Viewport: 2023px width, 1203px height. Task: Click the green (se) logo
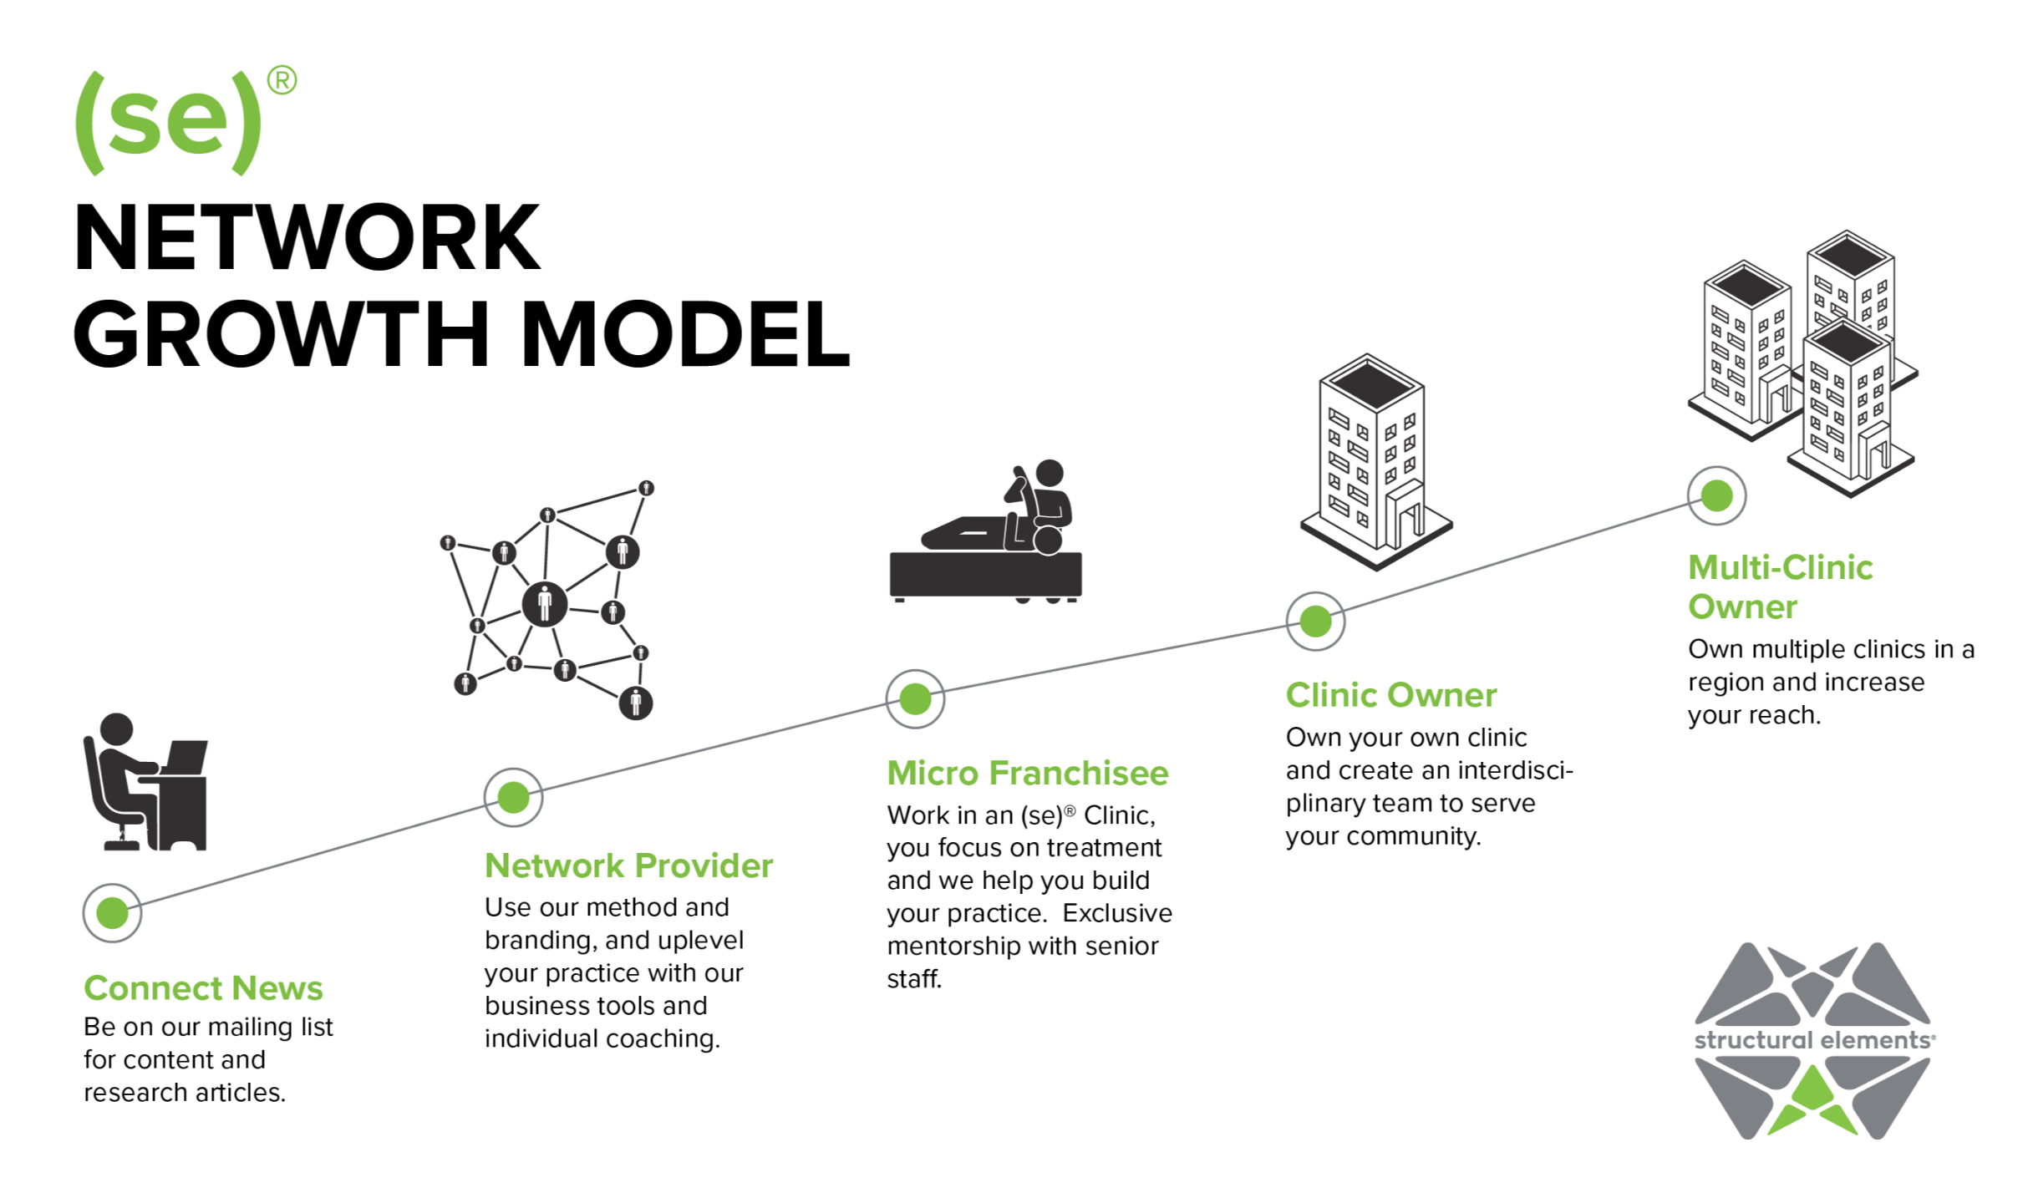pyautogui.click(x=167, y=122)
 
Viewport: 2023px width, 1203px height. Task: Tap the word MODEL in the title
pyautogui.click(x=685, y=334)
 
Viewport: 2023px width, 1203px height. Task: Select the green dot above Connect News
pyautogui.click(x=112, y=912)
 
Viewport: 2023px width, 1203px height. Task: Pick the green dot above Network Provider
pyautogui.click(x=513, y=797)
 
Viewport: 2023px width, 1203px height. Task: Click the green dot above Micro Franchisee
pyautogui.click(x=915, y=698)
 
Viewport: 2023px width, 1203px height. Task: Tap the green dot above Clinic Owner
pyautogui.click(x=1315, y=621)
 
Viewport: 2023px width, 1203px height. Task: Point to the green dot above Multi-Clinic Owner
pyautogui.click(x=1716, y=495)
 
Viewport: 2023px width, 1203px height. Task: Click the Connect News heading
pyautogui.click(x=203, y=987)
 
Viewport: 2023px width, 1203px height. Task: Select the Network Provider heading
pyautogui.click(x=628, y=865)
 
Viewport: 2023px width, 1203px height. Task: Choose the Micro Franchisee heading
pyautogui.click(x=1027, y=773)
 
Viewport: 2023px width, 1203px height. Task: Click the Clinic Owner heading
pyautogui.click(x=1390, y=695)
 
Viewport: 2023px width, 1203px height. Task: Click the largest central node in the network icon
pyautogui.click(x=545, y=603)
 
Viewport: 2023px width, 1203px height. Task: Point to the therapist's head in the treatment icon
pyautogui.click(x=1050, y=473)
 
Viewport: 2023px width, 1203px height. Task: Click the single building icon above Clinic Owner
pyautogui.click(x=1374, y=461)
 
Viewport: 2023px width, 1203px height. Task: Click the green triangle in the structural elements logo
pyautogui.click(x=1812, y=1090)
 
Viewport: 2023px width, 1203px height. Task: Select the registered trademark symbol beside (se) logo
pyautogui.click(x=282, y=80)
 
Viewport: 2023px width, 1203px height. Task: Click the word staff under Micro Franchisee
pyautogui.click(x=913, y=978)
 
